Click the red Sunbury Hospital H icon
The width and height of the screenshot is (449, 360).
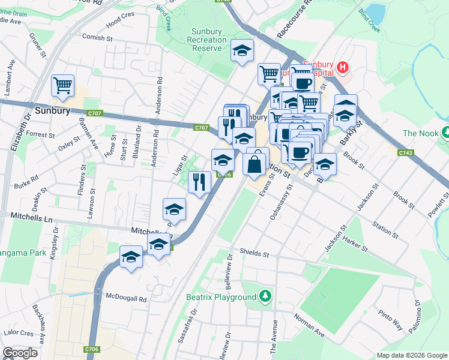click(342, 67)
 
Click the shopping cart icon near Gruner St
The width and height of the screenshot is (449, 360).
click(62, 85)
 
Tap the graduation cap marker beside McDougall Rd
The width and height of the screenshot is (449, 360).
click(130, 257)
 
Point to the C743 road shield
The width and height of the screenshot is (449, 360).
click(405, 153)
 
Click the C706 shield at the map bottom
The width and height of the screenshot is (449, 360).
click(91, 349)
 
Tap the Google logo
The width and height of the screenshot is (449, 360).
click(20, 353)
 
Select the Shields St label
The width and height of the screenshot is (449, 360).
click(254, 253)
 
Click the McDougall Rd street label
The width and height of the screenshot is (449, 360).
click(126, 298)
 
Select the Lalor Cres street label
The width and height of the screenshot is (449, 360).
click(18, 332)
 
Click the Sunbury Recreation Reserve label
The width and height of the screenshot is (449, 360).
click(208, 40)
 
